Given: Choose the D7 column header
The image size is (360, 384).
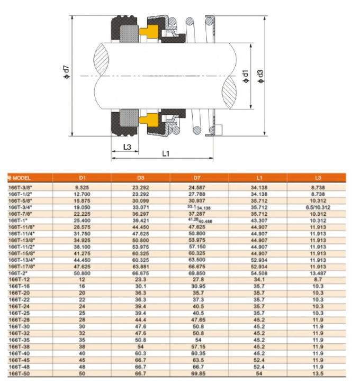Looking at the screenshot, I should coord(199,177).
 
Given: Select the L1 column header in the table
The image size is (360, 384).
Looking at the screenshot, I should coord(258,177).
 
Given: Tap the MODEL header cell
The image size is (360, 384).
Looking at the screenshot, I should coord(21,177).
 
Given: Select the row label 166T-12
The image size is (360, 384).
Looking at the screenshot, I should coord(19,278).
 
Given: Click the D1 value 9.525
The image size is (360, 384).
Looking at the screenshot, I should coord(81,186).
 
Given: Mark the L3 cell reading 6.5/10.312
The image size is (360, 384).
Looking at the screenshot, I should coord(317,208).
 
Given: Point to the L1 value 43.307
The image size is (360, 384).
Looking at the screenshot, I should coord(258,219).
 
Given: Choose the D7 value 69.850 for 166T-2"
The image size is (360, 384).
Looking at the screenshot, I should coord(199,273).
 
